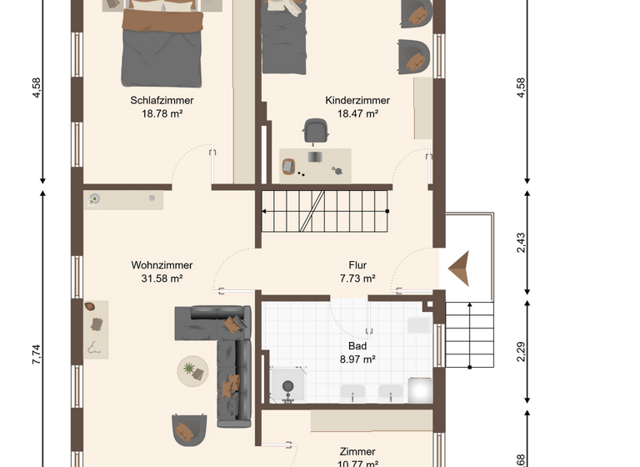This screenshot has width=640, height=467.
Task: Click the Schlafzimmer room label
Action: (162, 101)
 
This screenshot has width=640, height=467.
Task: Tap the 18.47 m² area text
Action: (357, 113)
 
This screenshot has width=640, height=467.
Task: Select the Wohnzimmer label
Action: (157, 265)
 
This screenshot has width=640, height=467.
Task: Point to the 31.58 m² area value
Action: (157, 279)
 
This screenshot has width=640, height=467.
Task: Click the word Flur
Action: (357, 265)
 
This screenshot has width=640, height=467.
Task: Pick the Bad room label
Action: (357, 345)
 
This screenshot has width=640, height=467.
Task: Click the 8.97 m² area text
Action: (357, 359)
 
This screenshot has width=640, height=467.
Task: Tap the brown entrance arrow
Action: (459, 269)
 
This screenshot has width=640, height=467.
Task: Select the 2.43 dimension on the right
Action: (521, 242)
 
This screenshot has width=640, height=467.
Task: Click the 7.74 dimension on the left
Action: (36, 354)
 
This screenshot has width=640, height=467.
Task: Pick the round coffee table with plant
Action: (193, 369)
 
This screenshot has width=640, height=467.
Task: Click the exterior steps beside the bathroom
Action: (469, 334)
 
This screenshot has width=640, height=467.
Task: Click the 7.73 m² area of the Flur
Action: (357, 279)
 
